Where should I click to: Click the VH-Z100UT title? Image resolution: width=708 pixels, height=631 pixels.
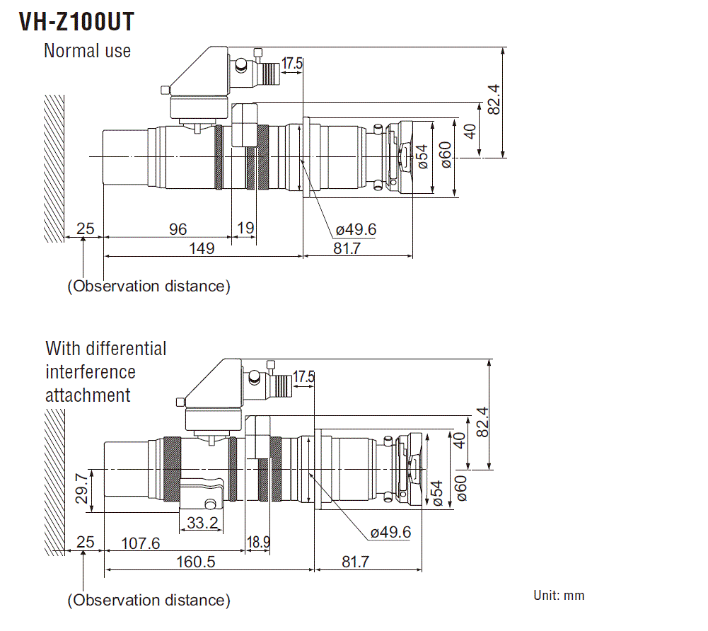(x=76, y=23)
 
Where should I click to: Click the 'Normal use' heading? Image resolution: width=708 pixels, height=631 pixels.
(x=87, y=51)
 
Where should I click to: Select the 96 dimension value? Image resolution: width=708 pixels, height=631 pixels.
(x=178, y=228)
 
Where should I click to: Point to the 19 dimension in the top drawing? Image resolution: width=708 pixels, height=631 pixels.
(x=245, y=228)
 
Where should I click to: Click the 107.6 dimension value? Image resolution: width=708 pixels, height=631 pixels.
(x=141, y=543)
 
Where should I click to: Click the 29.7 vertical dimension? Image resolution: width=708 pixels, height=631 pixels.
(x=83, y=488)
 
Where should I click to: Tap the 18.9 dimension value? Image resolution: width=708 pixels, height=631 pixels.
(x=257, y=543)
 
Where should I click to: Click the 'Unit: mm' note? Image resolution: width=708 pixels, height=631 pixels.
(x=559, y=595)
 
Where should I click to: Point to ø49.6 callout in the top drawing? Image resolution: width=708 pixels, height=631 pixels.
(x=356, y=229)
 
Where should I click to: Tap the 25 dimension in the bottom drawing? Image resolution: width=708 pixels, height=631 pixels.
(x=85, y=543)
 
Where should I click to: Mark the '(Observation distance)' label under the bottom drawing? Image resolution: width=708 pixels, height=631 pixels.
(x=149, y=601)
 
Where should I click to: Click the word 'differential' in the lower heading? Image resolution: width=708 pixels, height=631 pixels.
(x=126, y=349)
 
